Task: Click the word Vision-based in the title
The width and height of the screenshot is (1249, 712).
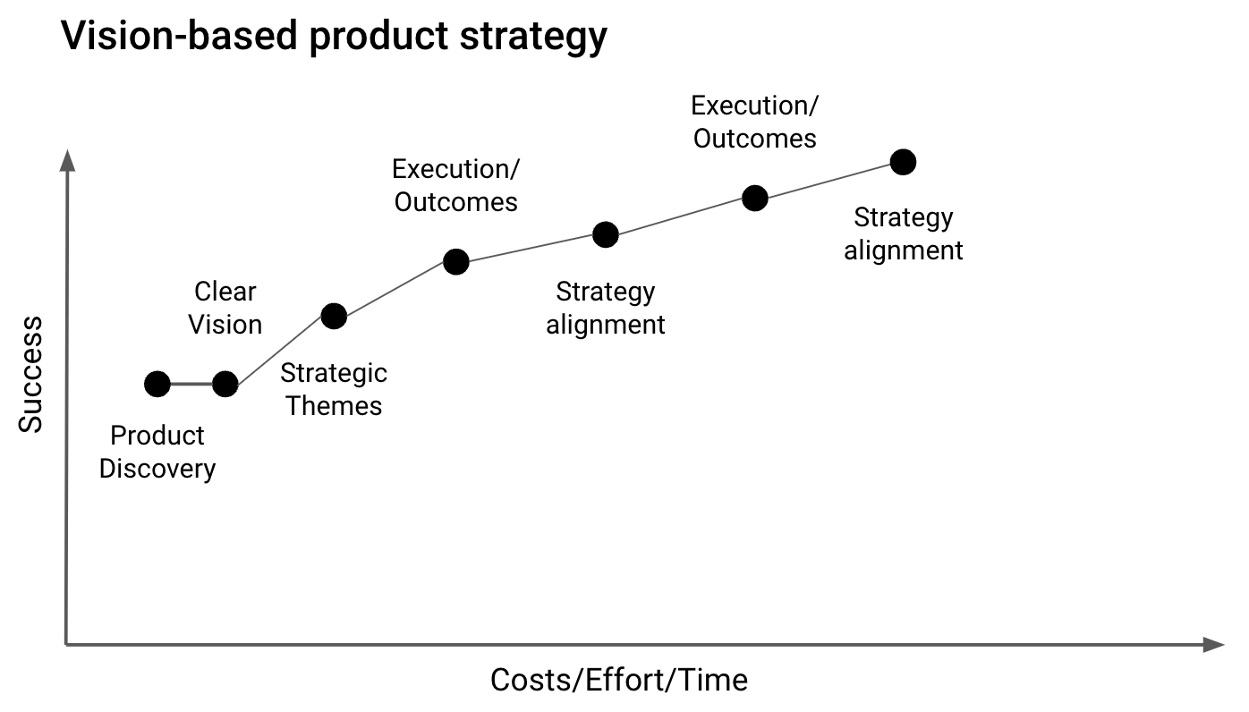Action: [179, 35]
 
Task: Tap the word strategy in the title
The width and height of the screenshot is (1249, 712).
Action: [533, 37]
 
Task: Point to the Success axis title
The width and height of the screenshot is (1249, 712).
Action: [30, 375]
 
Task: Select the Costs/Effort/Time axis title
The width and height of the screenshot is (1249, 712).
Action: [619, 680]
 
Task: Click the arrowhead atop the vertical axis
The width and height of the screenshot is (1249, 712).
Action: [67, 160]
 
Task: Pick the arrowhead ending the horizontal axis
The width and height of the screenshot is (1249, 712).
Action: [1214, 645]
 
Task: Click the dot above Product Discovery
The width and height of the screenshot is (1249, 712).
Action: [157, 384]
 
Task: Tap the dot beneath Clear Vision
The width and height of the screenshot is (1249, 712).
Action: [225, 384]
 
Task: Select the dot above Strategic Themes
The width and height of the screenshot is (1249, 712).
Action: [334, 317]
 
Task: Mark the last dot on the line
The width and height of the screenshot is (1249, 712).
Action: [904, 162]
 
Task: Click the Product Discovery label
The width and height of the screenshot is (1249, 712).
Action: [157, 452]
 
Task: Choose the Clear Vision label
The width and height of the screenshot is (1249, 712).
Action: [225, 308]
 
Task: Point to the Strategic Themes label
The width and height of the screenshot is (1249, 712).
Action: [334, 389]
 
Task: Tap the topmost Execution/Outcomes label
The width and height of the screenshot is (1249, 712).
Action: [755, 123]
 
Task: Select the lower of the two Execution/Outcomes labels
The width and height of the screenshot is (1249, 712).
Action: [456, 185]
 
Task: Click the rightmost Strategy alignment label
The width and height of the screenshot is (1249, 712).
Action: [904, 234]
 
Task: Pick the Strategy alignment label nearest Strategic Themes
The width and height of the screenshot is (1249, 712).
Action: [606, 309]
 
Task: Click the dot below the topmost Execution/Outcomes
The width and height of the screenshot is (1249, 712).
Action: [755, 199]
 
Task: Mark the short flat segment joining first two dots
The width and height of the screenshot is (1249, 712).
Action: [191, 384]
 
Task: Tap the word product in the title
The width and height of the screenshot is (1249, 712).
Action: [379, 37]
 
